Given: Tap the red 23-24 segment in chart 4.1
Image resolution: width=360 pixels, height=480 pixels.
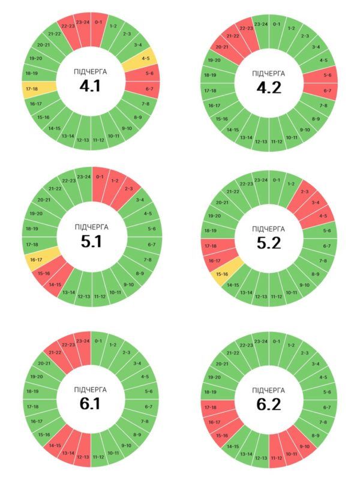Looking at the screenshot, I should point(82,23).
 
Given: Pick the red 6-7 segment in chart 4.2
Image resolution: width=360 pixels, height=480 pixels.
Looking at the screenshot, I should point(326,91).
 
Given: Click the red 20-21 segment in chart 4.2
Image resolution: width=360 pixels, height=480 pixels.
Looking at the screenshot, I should point(221,47).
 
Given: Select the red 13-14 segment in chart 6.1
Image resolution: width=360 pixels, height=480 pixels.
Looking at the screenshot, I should point(67,452).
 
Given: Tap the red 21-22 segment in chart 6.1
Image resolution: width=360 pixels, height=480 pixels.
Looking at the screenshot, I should point(55,351).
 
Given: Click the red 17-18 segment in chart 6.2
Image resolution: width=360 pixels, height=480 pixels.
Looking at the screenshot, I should point(211,407).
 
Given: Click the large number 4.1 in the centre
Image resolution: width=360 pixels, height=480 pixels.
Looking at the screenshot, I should point(90,86).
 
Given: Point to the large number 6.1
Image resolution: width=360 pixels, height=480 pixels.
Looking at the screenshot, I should point(90,404).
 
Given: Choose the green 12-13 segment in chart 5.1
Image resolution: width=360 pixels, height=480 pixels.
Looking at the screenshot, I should point(83,296).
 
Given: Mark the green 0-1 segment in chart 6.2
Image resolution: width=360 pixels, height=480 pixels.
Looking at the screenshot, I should point(277,341).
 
